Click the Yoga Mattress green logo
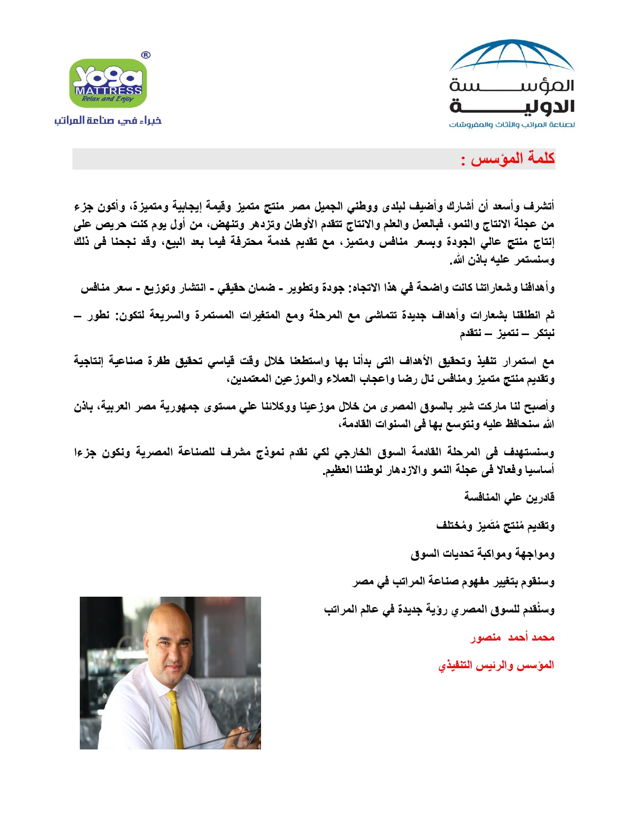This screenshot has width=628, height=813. coord(108,83)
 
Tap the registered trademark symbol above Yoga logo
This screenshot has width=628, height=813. coord(146,55)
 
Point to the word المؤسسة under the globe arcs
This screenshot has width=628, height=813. coord(512,86)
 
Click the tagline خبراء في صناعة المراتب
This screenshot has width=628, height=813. coord(108,121)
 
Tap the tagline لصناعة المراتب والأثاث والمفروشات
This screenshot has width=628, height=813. coord(512,125)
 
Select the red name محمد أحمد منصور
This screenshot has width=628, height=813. coord(512,638)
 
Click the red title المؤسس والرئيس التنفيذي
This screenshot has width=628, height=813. coord(496,665)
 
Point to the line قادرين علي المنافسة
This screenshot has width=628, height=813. coord(509,497)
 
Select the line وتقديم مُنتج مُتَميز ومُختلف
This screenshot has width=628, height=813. coord(496,526)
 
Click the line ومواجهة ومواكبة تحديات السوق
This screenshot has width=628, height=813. coord(483,554)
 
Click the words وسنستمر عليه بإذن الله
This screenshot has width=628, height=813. coord(502,260)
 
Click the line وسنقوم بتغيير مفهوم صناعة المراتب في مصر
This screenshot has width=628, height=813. coord(453,582)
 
